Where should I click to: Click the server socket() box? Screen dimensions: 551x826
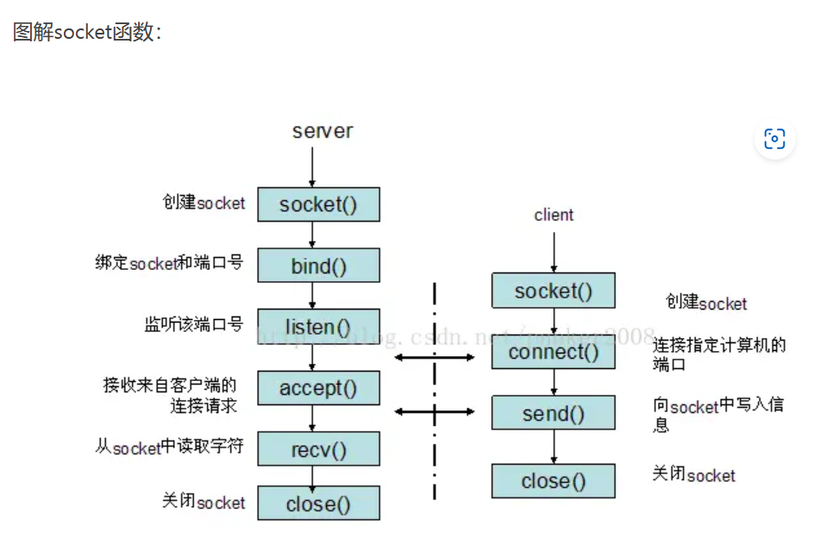point(318,204)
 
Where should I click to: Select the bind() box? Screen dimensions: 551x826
point(318,266)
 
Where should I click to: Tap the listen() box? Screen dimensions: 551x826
point(318,327)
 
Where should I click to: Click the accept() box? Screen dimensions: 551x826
point(318,388)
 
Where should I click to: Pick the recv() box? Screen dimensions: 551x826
point(318,449)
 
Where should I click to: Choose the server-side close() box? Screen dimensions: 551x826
point(318,504)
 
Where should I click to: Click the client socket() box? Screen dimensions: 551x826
point(554,291)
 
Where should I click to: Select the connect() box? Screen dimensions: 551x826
point(554,352)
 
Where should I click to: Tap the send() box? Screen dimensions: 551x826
point(554,413)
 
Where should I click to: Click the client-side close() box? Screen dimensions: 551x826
point(554,481)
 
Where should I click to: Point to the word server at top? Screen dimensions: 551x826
point(322,131)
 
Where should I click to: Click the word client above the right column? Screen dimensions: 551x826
point(554,215)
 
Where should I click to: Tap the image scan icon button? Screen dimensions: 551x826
point(774,139)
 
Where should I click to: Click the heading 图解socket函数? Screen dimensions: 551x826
point(86,32)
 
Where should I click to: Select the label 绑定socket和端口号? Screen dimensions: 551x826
point(169,262)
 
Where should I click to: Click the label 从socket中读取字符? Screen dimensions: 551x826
point(169,448)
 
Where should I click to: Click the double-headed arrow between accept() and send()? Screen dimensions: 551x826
point(435,411)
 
